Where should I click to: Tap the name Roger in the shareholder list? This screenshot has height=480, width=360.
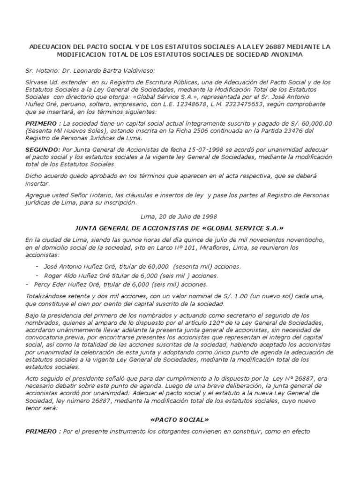pyautogui.click(x=54, y=275)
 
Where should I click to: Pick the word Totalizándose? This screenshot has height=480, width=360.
pyautogui.click(x=48, y=297)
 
